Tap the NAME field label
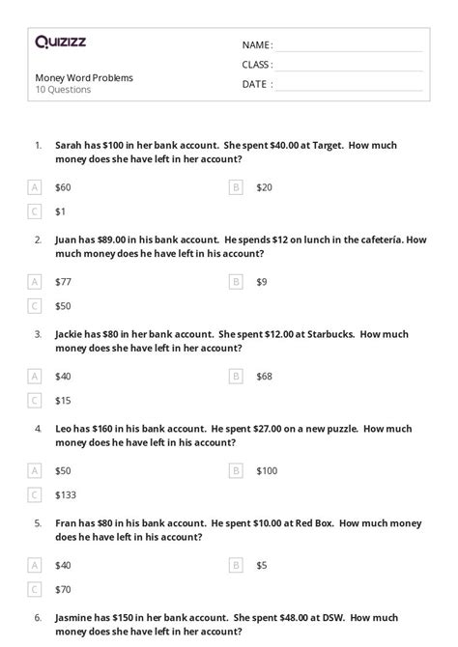257,45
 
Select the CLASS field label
257,65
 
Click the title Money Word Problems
84,77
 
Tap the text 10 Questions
63,90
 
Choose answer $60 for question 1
64,187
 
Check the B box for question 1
236,187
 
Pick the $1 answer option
61,211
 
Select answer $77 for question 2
64,282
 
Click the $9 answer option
263,282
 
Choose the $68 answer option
265,376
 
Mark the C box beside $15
35,400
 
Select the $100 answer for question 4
267,470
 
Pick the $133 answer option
66,494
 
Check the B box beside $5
236,565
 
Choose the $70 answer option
64,588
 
